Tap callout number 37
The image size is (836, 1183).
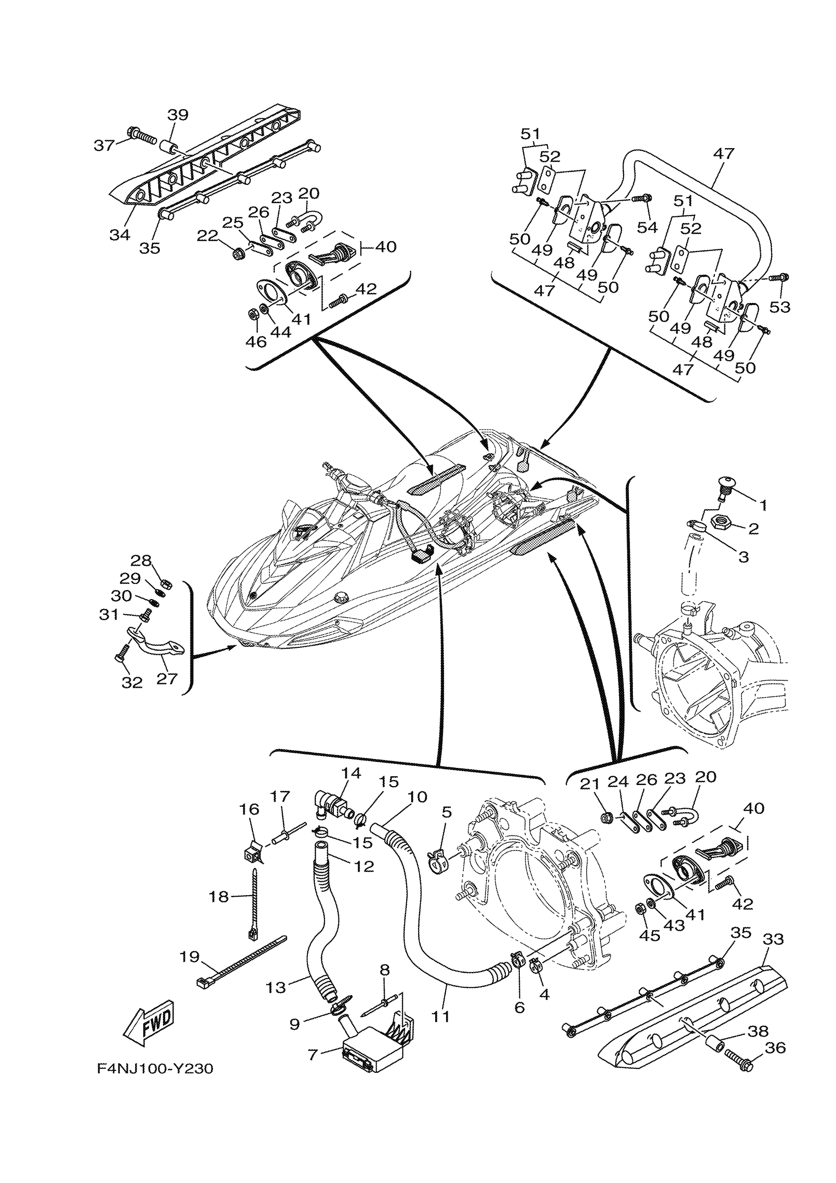click(104, 145)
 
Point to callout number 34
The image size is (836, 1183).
click(119, 235)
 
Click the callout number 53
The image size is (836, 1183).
click(780, 306)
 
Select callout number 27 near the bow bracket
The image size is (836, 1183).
click(167, 679)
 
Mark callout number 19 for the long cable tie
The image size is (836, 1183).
click(189, 957)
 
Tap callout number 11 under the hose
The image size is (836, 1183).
click(441, 1016)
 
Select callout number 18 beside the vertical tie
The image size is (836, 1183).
click(218, 897)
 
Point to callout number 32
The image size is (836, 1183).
click(132, 682)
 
